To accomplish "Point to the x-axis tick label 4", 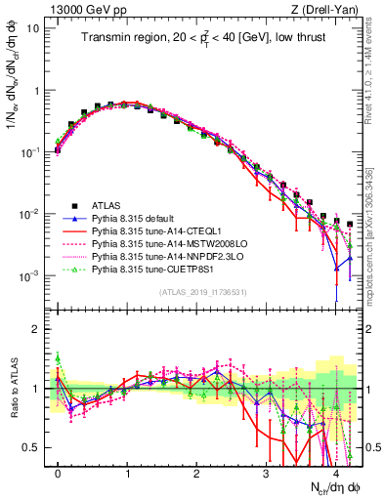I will [335, 471].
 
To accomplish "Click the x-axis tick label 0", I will [58, 471].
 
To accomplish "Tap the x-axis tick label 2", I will [196, 471].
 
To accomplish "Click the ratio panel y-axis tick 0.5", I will [32, 447].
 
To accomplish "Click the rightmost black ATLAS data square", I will [350, 225].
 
